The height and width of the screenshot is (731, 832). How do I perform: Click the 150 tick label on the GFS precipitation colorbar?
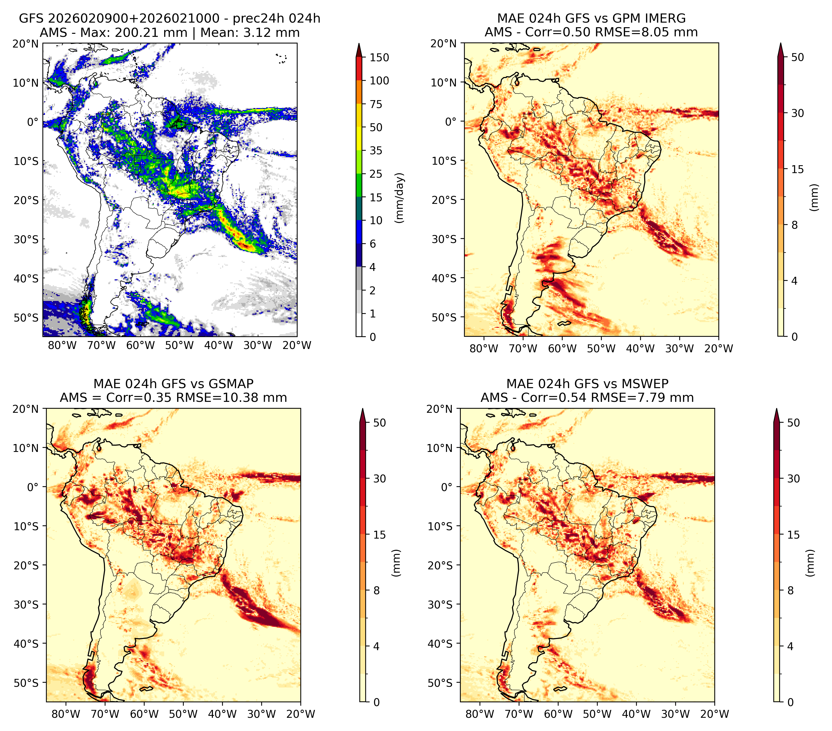pos(379,57)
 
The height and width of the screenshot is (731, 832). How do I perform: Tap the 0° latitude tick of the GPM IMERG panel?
pos(451,121)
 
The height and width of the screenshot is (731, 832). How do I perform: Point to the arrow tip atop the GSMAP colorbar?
pos(362,409)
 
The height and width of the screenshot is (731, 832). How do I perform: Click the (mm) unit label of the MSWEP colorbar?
pos(810,563)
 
